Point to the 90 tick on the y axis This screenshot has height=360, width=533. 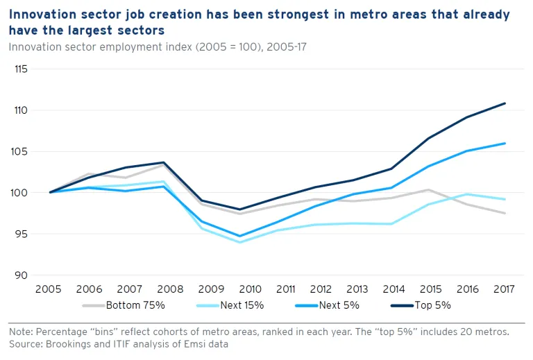[x=22, y=275]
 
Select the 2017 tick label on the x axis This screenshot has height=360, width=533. [x=505, y=290]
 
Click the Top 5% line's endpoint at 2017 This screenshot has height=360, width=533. [x=505, y=103]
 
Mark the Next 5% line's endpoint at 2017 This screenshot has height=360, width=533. [x=505, y=144]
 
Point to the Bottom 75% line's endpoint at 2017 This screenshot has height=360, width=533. [x=505, y=213]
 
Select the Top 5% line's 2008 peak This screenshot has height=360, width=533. [x=164, y=162]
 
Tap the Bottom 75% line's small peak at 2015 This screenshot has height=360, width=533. [x=430, y=189]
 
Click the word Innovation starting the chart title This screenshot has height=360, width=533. [x=41, y=15]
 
